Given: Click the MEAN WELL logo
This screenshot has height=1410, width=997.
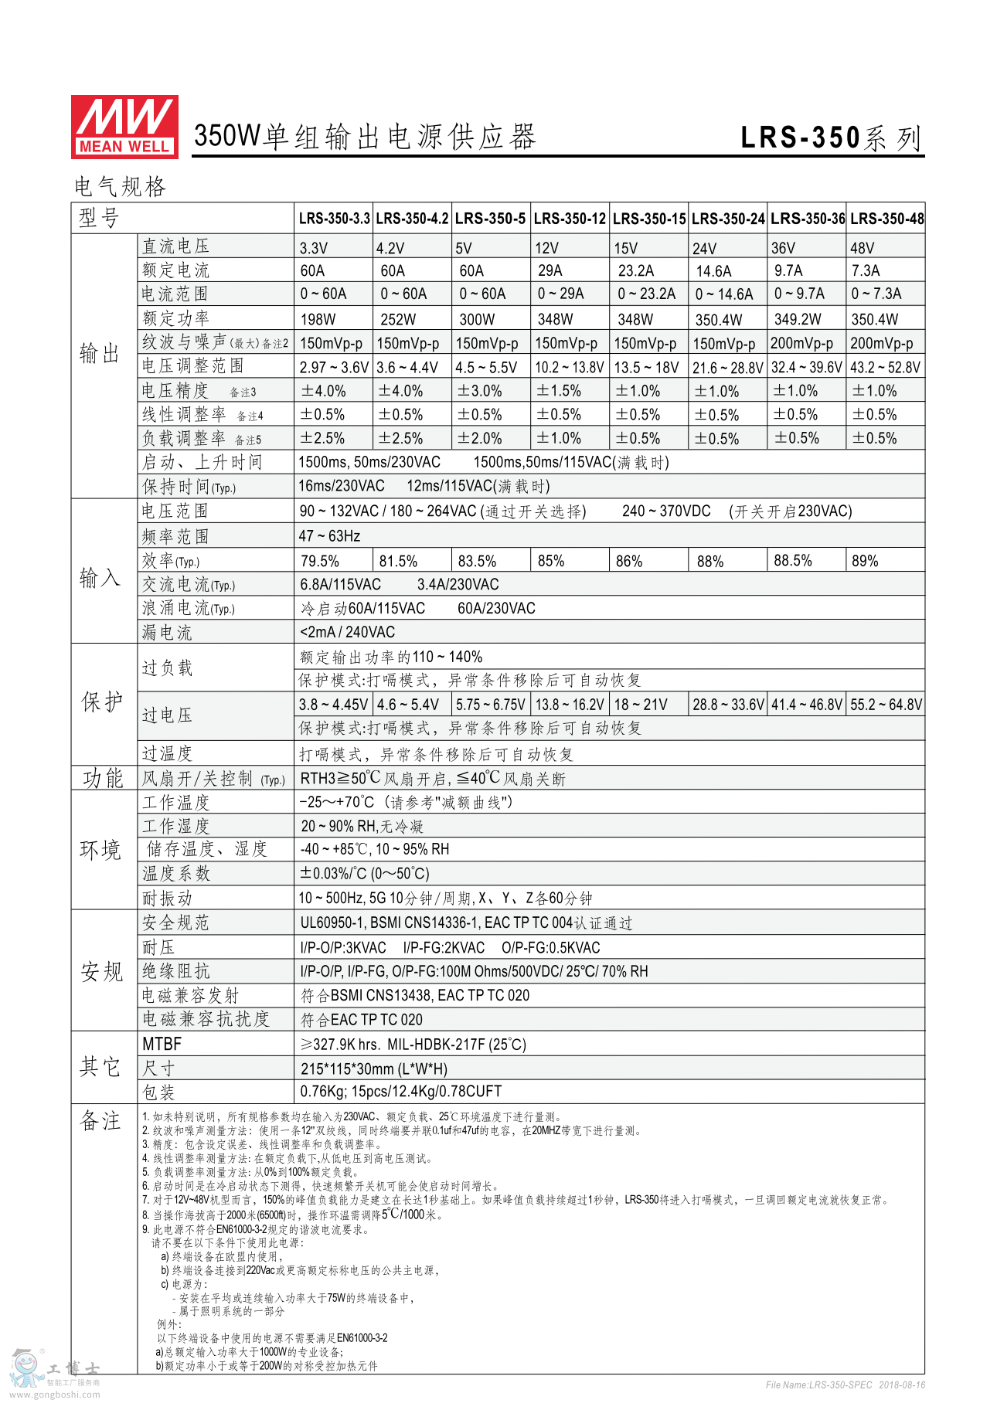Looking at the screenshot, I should tap(124, 127).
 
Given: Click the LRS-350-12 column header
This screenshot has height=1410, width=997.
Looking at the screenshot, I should tap(570, 219).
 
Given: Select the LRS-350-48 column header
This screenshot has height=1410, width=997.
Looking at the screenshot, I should tap(886, 219).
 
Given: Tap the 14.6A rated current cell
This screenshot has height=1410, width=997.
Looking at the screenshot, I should tap(713, 271).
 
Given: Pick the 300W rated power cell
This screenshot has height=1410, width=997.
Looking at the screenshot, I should tap(477, 319).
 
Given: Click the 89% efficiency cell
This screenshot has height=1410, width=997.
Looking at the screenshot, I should tap(865, 561).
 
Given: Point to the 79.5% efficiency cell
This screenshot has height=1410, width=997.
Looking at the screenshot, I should tap(320, 561).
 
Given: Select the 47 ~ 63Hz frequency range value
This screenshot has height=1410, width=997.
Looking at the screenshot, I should tap(330, 536).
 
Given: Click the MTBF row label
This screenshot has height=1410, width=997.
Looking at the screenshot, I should tap(162, 1045).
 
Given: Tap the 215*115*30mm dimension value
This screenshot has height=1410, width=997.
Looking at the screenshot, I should tap(374, 1069).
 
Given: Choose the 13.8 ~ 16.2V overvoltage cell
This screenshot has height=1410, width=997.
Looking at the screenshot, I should tap(570, 705).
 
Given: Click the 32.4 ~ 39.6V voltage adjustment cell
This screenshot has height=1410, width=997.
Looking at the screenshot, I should tap(807, 368).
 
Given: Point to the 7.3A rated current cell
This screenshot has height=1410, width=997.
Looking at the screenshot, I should tap(866, 270).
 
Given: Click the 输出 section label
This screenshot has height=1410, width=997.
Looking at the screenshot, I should tap(100, 354).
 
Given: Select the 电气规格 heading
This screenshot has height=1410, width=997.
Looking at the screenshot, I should tap(120, 187).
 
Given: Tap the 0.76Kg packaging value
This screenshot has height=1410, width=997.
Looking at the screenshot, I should tap(401, 1092).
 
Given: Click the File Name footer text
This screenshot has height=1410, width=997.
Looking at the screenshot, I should tap(845, 1385).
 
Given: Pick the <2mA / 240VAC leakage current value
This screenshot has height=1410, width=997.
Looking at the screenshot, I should tap(348, 632).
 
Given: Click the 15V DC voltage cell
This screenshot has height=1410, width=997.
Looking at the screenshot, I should tap(626, 248).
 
